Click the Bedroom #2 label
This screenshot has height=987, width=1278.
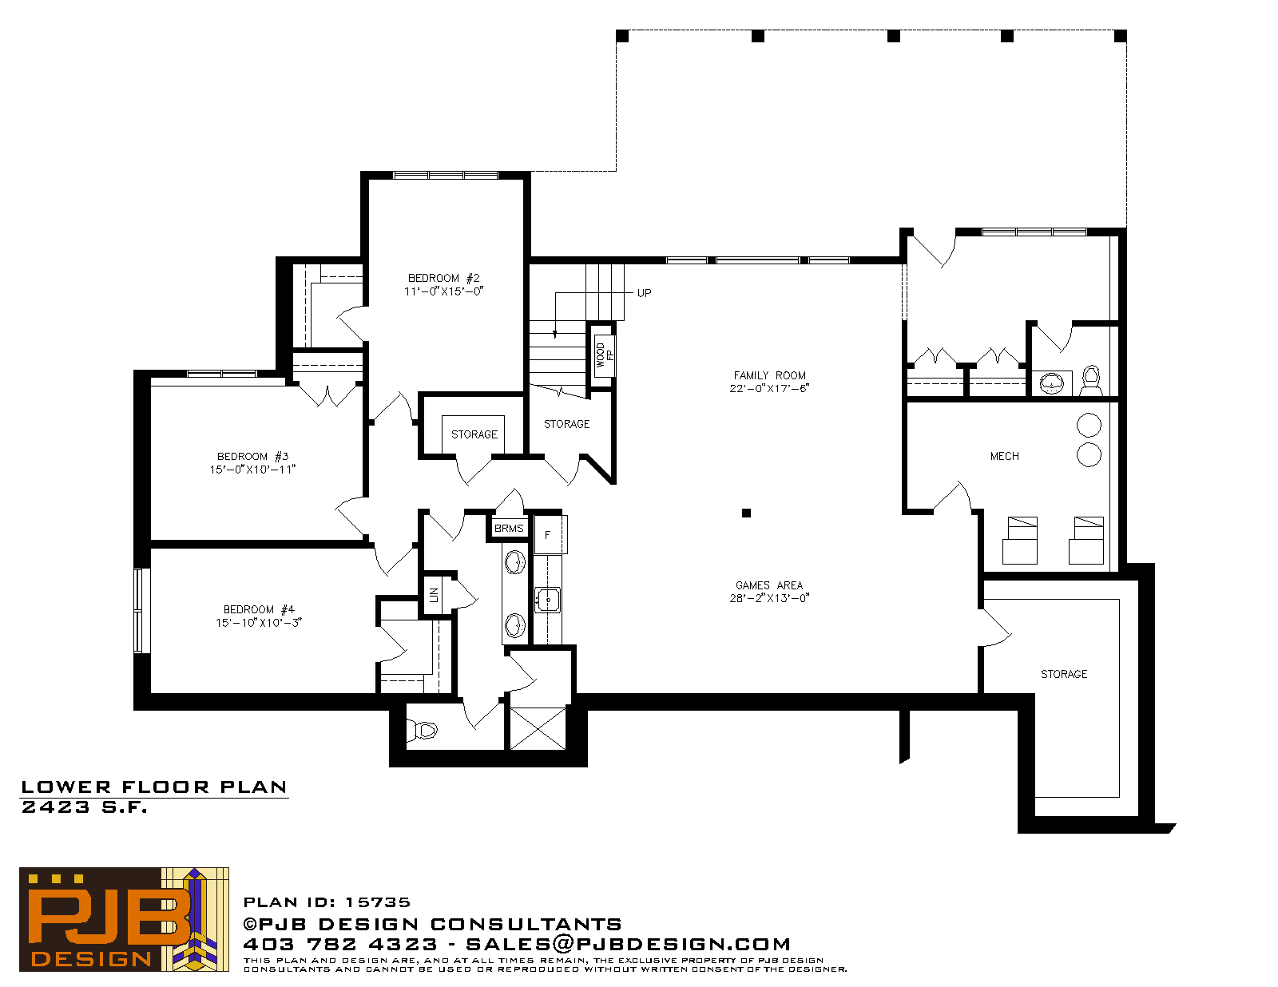tap(444, 278)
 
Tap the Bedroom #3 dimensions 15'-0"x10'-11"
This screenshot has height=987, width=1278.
tap(253, 469)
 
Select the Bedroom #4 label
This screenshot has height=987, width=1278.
tap(259, 609)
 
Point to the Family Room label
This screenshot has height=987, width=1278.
tap(769, 375)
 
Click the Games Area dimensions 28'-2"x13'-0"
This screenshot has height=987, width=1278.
tap(769, 598)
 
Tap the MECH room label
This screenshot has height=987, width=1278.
tap(1005, 456)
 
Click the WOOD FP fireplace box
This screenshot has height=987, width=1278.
tap(603, 355)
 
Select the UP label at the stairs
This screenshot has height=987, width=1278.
tap(644, 293)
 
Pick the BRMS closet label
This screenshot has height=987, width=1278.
tap(509, 528)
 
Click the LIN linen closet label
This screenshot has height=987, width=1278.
tap(434, 595)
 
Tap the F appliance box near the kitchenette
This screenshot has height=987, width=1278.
tap(550, 535)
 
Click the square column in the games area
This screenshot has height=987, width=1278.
tap(746, 513)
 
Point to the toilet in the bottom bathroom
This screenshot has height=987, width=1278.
tap(423, 730)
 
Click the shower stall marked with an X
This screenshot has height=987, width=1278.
tap(538, 728)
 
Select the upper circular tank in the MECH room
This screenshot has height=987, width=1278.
tap(1089, 425)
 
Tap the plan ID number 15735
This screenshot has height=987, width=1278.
tap(378, 902)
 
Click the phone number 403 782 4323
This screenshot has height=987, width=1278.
tap(340, 944)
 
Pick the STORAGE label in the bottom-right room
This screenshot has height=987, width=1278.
tap(1064, 674)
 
